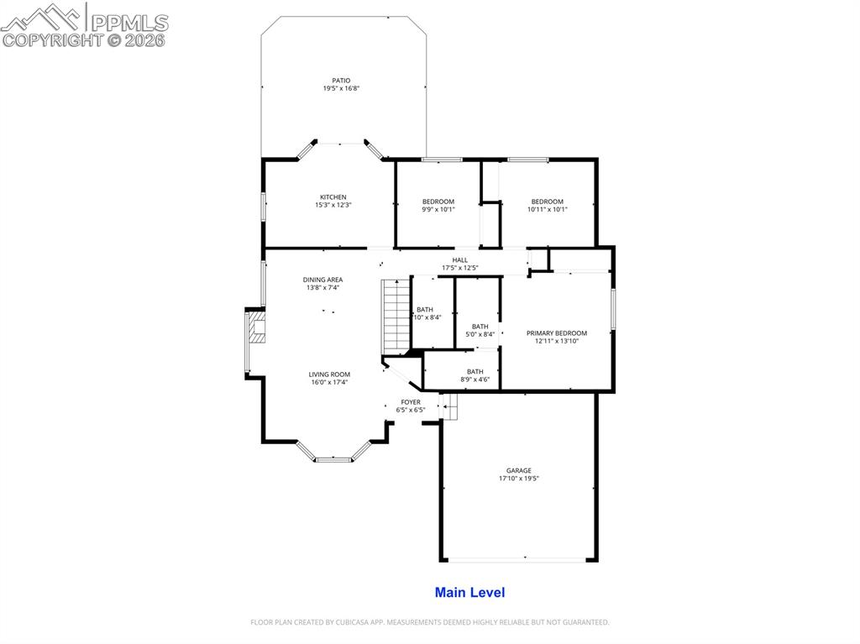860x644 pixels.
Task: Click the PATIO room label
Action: pyautogui.click(x=340, y=81)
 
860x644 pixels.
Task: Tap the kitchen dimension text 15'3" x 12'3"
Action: pyautogui.click(x=333, y=205)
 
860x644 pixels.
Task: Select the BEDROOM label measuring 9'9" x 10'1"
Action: pyautogui.click(x=438, y=202)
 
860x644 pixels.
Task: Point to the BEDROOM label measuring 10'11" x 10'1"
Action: pyautogui.click(x=547, y=202)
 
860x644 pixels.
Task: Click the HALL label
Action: pyautogui.click(x=459, y=260)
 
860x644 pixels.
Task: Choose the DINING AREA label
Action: pyautogui.click(x=322, y=280)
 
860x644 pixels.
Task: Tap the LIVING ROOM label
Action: pyautogui.click(x=329, y=374)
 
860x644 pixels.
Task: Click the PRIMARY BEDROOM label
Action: pyautogui.click(x=556, y=333)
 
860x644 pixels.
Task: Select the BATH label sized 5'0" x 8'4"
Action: pyautogui.click(x=480, y=327)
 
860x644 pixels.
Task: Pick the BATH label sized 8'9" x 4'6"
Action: pyautogui.click(x=475, y=372)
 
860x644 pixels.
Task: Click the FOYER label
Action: pyautogui.click(x=411, y=402)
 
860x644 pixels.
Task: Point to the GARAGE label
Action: pyautogui.click(x=518, y=471)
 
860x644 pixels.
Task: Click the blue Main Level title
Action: pyautogui.click(x=469, y=593)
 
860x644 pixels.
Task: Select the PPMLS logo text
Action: pyautogui.click(x=128, y=23)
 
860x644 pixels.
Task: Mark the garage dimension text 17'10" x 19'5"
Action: pyautogui.click(x=518, y=479)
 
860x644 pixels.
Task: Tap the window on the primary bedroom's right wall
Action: pyautogui.click(x=613, y=308)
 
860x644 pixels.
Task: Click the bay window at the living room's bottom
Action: pyautogui.click(x=333, y=458)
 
